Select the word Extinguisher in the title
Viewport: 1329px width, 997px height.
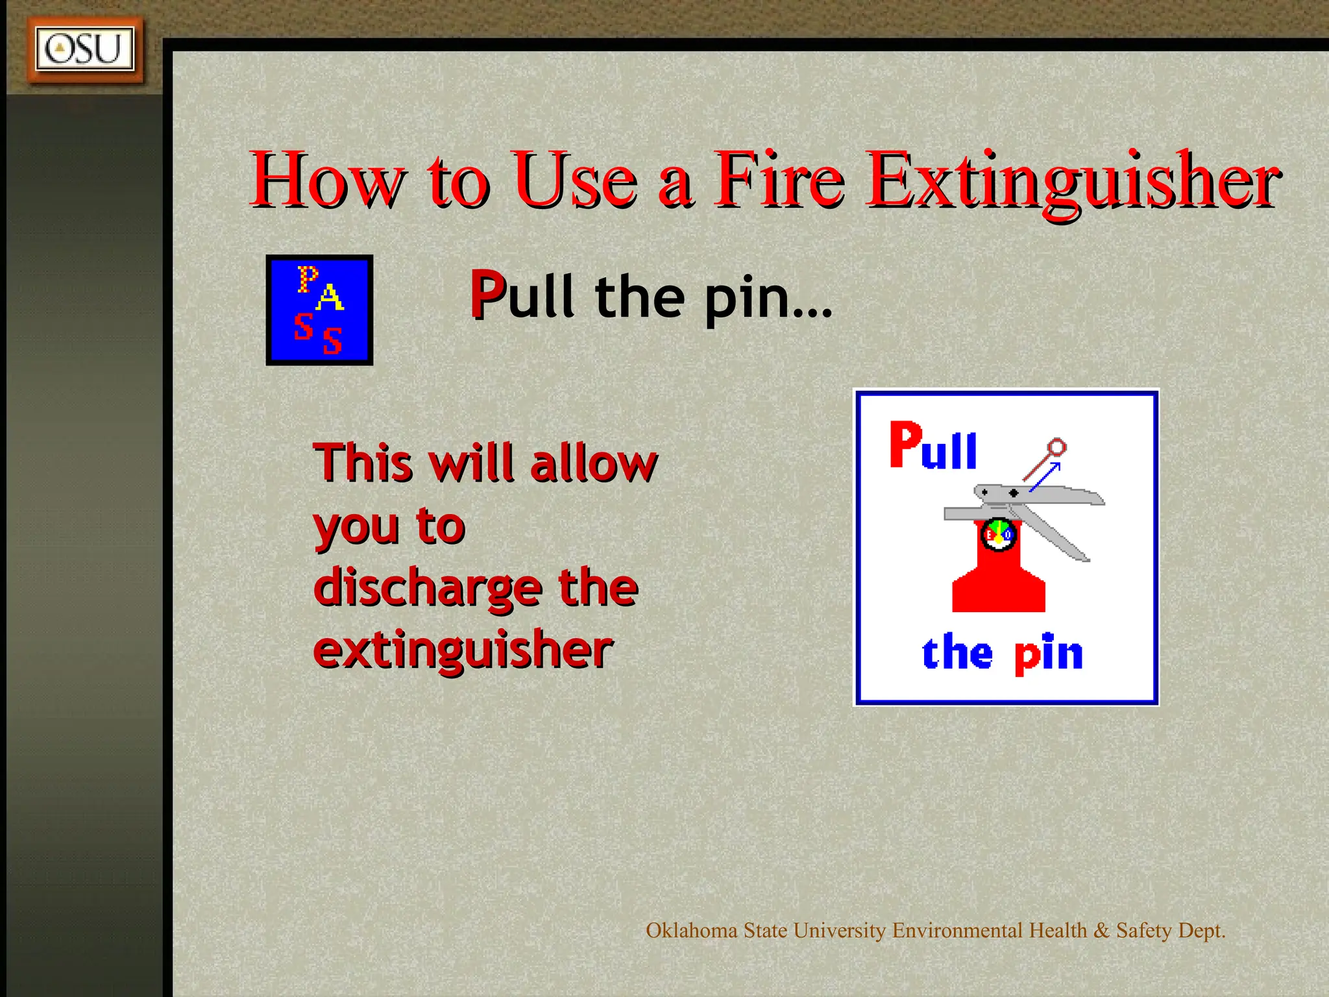(1074, 180)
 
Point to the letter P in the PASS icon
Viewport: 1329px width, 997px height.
(307, 279)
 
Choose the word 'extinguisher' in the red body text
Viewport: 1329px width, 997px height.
(463, 649)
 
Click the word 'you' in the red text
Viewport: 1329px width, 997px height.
(356, 527)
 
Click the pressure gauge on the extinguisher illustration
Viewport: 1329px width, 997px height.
(998, 534)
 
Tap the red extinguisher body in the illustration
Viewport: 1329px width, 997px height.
(998, 584)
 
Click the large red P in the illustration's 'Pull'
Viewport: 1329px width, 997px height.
(905, 444)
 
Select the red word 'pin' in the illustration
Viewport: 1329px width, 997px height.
(1049, 654)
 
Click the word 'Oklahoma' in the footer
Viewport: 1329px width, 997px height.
(692, 930)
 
